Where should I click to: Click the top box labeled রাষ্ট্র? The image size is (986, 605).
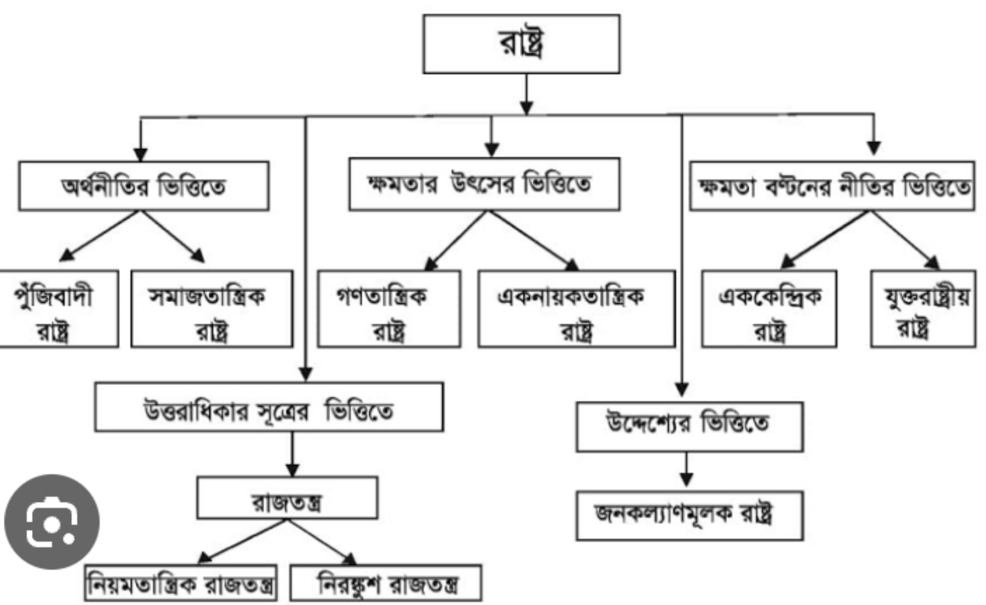pos(521,44)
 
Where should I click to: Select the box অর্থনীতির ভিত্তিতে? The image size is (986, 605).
pos(144,186)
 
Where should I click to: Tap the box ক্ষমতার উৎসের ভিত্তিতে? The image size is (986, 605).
pos(484,184)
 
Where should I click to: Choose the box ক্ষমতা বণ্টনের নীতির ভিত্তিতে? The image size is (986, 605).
pos(832,186)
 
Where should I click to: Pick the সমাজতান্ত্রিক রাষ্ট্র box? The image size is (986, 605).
pos(212,309)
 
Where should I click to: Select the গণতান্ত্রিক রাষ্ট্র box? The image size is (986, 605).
pos(389,309)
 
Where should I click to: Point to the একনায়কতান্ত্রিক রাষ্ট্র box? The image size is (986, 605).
pos(577,309)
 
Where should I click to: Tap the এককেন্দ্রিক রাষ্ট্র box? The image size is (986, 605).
pos(769,309)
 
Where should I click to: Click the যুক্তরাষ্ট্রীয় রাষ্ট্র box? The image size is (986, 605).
pos(923,309)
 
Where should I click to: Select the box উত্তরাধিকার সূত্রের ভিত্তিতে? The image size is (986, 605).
pos(269,407)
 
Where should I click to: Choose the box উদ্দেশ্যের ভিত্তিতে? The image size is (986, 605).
pos(690,427)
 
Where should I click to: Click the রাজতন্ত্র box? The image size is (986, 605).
pos(287,498)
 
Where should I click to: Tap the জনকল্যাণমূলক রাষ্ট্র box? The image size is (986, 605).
pos(690,516)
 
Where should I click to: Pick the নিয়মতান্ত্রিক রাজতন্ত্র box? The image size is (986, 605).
pos(181,583)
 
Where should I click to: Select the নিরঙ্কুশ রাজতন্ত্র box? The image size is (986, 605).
pos(386,583)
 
